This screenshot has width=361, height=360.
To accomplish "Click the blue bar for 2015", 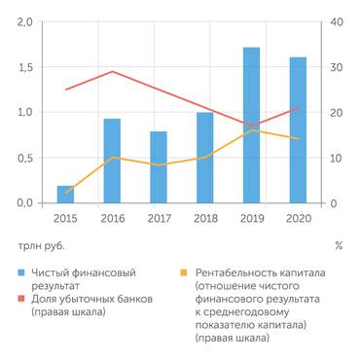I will [65, 195].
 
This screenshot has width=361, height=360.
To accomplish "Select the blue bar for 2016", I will [112, 162].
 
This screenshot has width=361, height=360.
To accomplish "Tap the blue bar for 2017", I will [159, 167].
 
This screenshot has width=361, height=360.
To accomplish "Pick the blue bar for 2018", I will [204, 159].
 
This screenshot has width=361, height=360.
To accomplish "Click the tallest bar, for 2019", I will [251, 126].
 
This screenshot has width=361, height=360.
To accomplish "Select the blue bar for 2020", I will [298, 130].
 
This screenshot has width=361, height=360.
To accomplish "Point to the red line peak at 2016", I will [112, 71].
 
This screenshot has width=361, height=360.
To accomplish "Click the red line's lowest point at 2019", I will [251, 126].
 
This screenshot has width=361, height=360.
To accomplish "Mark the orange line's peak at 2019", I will [251, 130].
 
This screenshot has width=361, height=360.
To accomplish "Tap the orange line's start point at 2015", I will [65, 193].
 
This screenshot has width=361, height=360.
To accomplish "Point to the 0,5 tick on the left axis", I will [23, 159].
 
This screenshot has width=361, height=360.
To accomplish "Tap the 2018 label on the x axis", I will [204, 218].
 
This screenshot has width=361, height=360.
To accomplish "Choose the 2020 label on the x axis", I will [298, 218].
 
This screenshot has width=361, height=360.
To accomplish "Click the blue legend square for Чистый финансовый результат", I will [21, 270].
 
